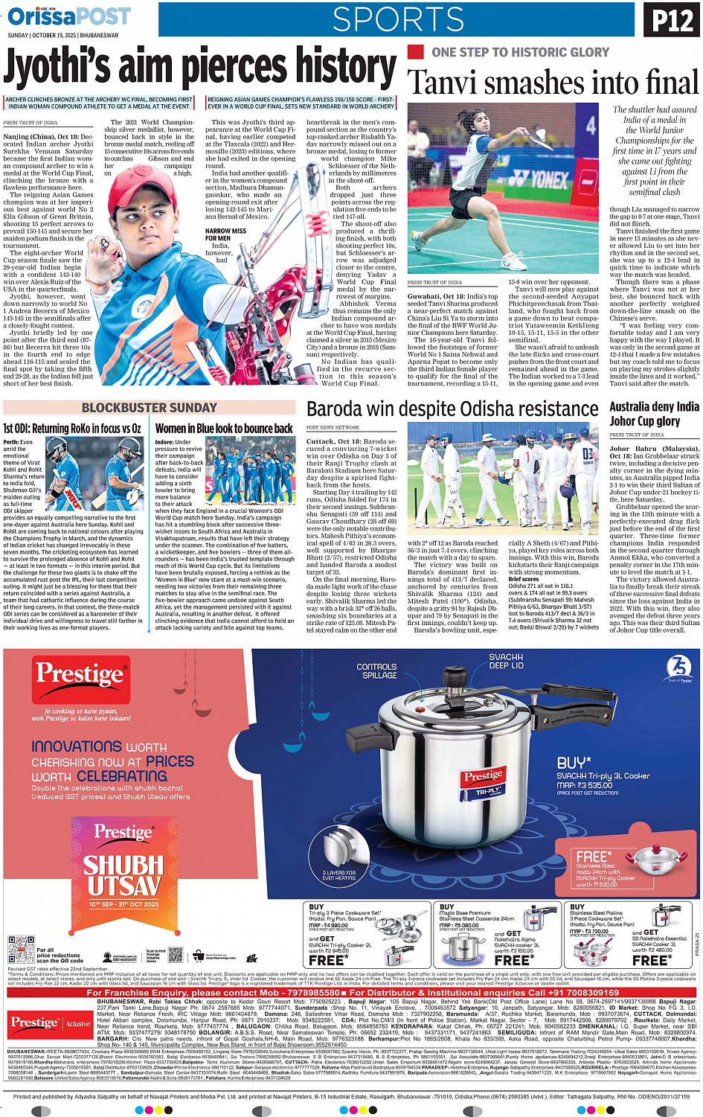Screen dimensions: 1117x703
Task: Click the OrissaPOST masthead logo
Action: tap(68, 16)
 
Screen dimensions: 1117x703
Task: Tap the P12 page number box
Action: tap(672, 21)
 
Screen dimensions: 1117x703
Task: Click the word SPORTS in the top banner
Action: tap(398, 20)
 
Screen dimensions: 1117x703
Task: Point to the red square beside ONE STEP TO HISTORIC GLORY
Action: tap(415, 52)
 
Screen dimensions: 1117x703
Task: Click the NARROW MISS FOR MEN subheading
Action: tap(225, 235)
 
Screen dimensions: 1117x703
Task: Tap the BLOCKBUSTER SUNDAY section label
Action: tap(150, 408)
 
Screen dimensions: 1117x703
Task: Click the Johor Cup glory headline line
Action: tap(645, 421)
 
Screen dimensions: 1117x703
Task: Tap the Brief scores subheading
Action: tap(524, 579)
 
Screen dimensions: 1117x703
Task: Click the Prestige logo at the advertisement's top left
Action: tap(80, 674)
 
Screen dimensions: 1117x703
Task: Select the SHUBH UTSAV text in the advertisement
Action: tap(123, 876)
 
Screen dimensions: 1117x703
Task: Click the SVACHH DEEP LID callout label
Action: tap(506, 662)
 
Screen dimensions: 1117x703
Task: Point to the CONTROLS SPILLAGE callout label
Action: tap(377, 671)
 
